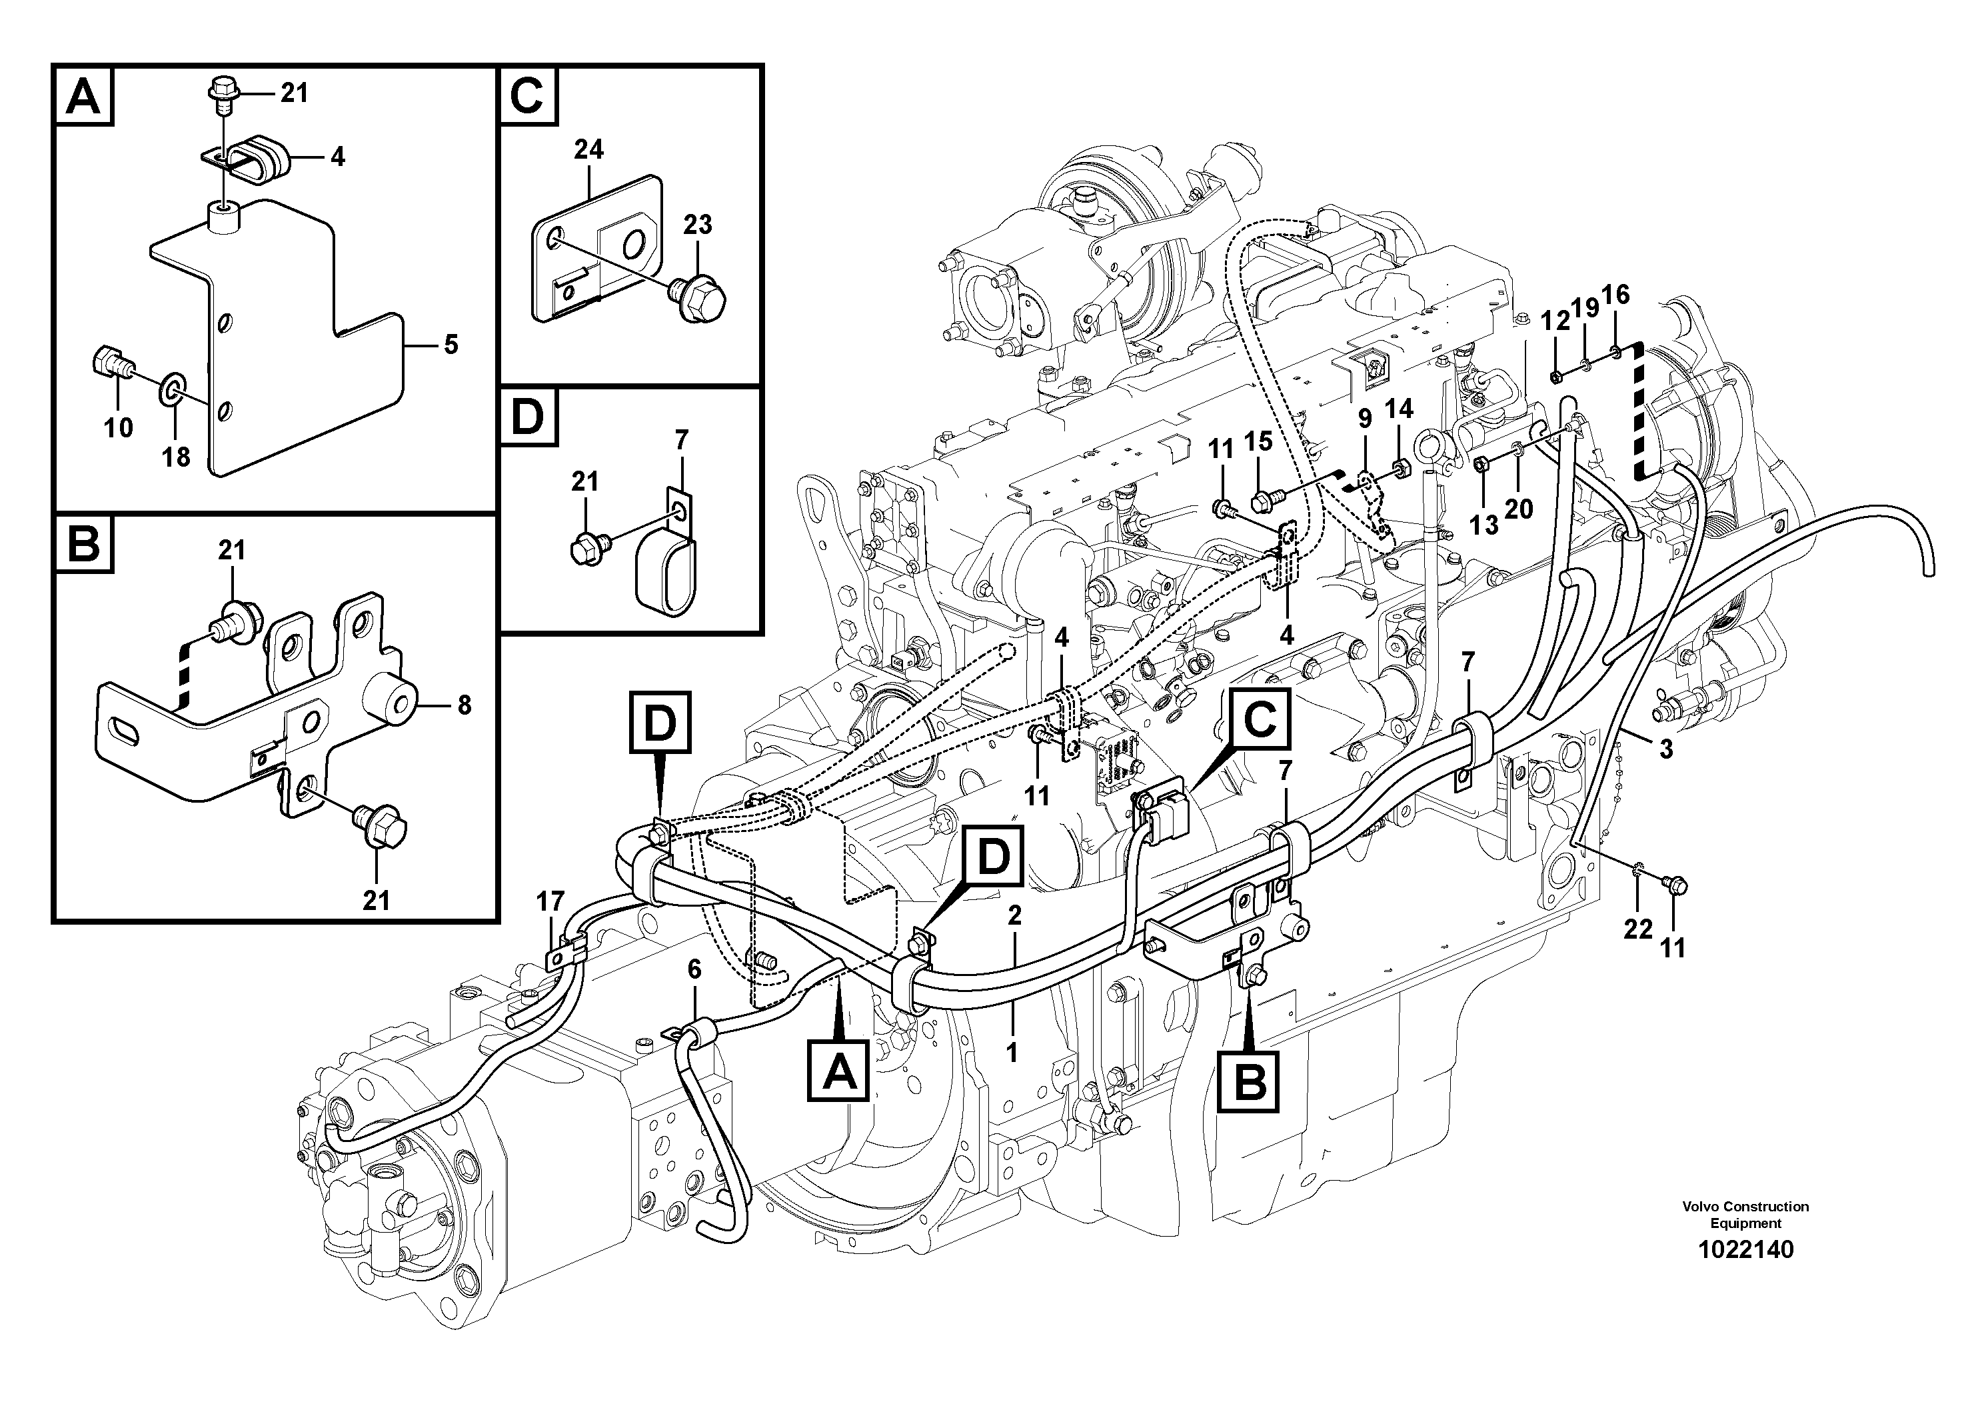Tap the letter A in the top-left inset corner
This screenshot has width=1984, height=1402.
(84, 97)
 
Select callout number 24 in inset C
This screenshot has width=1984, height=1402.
(588, 149)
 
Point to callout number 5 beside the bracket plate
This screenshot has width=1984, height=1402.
(451, 345)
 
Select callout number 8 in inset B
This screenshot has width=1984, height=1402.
(464, 705)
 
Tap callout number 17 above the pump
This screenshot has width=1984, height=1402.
(550, 901)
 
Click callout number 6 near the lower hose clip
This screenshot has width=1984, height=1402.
(694, 970)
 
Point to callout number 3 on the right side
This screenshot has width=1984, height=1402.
(1665, 749)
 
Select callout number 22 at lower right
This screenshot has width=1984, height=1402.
(1637, 929)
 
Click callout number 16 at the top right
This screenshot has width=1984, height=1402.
(1614, 295)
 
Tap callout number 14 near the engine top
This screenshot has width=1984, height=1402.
(1399, 408)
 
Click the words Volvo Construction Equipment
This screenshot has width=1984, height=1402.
(1745, 1215)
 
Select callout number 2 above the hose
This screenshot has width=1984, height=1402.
(1014, 915)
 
